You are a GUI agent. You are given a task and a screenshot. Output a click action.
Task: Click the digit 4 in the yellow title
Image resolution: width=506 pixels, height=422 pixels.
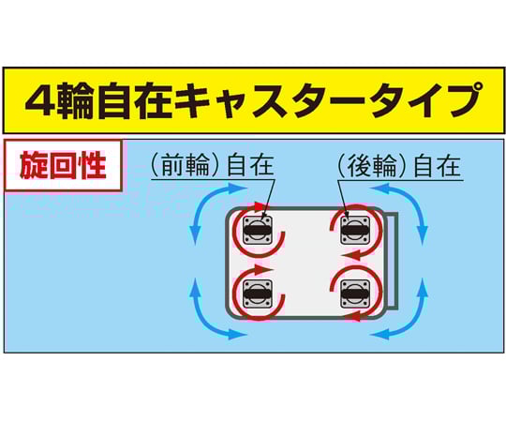39,99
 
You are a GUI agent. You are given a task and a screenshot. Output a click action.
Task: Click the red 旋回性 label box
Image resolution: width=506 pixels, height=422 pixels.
63,165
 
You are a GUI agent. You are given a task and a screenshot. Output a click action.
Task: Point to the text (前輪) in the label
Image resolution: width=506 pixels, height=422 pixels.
186,165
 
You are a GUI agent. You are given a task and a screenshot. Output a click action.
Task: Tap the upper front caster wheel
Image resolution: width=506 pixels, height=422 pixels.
257,230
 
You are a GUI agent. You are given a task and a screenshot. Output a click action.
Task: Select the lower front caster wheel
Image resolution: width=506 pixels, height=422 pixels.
257,294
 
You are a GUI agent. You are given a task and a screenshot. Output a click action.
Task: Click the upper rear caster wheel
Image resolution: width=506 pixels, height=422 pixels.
355,230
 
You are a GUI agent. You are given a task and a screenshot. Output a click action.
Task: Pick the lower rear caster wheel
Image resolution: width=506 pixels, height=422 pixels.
355,294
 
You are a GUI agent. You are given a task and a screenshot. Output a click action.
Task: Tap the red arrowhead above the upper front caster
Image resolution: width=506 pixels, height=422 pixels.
260,206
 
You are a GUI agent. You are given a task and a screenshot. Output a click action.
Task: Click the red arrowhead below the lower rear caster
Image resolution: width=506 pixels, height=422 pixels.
354,318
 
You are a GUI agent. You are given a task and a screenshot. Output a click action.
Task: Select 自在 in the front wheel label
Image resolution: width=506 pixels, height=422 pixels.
250,165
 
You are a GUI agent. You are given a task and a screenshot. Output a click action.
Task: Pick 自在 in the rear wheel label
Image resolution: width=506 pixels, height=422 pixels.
437,165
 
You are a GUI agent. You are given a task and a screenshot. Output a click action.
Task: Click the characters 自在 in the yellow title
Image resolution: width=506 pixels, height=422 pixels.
135,99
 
